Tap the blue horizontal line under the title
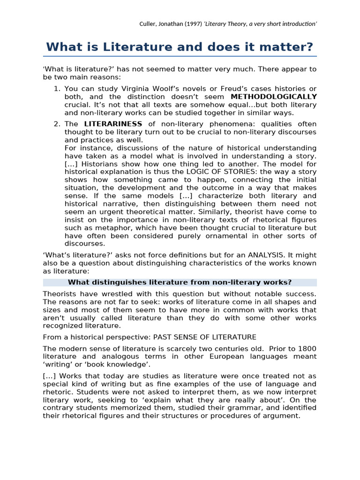point(180,56)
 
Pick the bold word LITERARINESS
point(113,124)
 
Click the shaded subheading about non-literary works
point(180,282)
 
